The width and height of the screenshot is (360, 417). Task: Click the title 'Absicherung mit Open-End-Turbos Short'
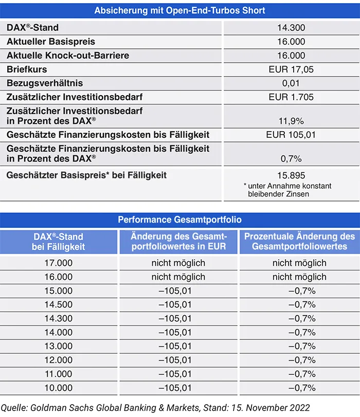click(180, 10)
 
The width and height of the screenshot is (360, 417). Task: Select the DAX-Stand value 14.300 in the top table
click(291, 28)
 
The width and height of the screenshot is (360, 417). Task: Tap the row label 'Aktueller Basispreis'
click(51, 42)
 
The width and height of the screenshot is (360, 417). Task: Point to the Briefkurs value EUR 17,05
click(291, 69)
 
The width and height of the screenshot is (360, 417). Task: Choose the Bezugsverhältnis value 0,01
click(291, 83)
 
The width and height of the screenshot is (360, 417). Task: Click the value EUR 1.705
click(291, 97)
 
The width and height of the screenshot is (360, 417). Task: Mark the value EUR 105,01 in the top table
click(291, 135)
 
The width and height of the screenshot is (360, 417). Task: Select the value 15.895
click(291, 175)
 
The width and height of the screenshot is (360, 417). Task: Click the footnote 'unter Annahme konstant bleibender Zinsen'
click(287, 190)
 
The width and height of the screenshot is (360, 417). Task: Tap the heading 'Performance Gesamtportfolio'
click(180, 220)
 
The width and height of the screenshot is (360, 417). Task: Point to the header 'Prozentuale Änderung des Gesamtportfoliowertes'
click(299, 242)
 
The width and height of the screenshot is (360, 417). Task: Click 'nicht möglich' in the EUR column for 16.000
click(178, 277)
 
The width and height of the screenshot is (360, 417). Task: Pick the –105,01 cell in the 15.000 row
click(178, 291)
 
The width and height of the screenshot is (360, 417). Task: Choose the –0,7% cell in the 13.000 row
click(299, 346)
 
